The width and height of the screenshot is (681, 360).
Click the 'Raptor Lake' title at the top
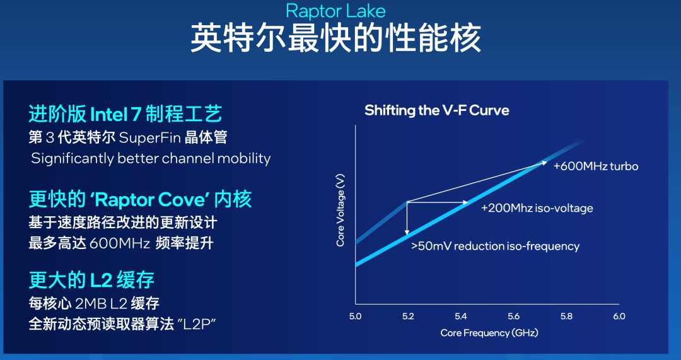(335, 11)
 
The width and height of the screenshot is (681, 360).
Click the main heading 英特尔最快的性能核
(335, 38)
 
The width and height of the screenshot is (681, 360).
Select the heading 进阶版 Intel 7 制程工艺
(125, 114)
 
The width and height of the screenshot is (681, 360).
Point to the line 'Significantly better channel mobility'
(151, 158)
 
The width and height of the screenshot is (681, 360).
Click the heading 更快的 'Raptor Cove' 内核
(140, 200)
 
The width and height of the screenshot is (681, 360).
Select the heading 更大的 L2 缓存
(91, 279)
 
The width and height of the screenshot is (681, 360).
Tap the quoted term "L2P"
(197, 324)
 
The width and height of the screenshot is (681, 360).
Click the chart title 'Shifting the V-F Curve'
(436, 111)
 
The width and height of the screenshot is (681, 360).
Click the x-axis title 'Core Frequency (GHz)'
(489, 332)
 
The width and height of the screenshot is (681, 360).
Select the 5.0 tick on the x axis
(355, 316)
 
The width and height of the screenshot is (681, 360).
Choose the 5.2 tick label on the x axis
(408, 316)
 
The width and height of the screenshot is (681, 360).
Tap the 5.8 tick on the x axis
(566, 316)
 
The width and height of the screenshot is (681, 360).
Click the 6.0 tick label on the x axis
(619, 316)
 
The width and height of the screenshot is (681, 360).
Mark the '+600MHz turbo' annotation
(595, 166)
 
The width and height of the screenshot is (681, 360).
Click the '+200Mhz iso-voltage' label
(537, 208)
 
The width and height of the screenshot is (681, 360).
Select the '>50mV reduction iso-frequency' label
(494, 246)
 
